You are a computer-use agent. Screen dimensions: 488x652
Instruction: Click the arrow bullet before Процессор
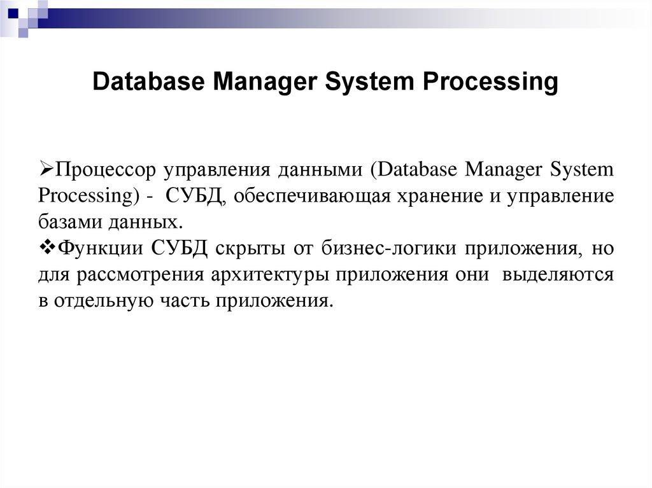click(x=45, y=169)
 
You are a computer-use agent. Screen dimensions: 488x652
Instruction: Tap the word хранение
click(x=434, y=197)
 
